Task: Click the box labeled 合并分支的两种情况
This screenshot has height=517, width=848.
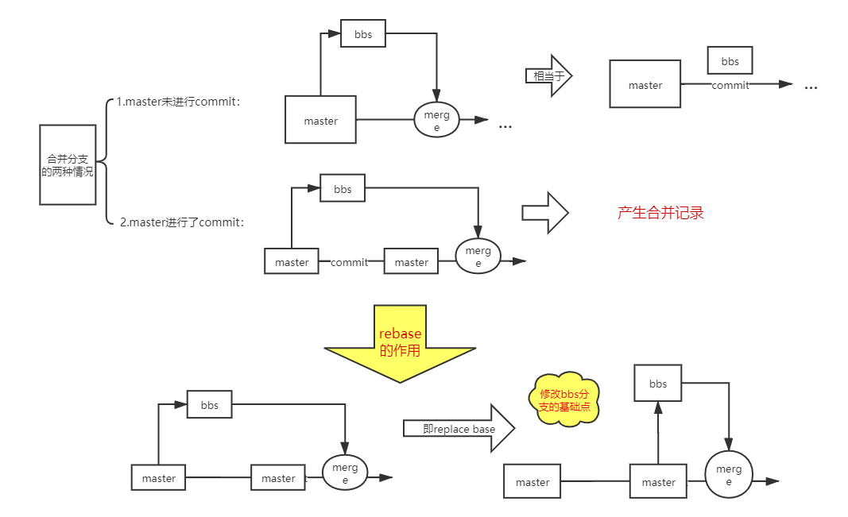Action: click(68, 164)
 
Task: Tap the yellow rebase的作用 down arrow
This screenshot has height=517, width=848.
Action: click(399, 343)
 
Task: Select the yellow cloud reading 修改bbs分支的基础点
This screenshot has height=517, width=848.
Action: click(563, 399)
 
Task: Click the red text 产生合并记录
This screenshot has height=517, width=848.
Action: click(660, 213)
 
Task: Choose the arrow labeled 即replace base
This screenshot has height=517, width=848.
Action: click(459, 429)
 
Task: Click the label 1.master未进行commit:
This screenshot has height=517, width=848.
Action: click(179, 102)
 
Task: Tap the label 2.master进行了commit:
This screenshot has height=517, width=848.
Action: click(181, 222)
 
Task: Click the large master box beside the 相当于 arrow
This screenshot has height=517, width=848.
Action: click(645, 84)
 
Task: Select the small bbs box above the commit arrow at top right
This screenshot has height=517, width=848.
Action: click(730, 61)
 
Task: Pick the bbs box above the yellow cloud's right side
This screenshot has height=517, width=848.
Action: click(658, 384)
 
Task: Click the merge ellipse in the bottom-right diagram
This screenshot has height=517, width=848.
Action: click(729, 475)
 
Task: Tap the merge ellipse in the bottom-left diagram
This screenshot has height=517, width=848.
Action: click(345, 473)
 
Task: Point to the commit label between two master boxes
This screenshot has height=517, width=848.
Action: click(350, 262)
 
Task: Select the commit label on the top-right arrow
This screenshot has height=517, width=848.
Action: click(730, 85)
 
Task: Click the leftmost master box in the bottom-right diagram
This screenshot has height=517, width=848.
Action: click(532, 482)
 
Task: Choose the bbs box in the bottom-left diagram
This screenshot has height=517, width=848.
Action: click(209, 405)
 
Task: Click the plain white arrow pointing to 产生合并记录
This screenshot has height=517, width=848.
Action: click(545, 213)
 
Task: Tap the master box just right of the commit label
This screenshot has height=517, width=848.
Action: click(411, 262)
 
